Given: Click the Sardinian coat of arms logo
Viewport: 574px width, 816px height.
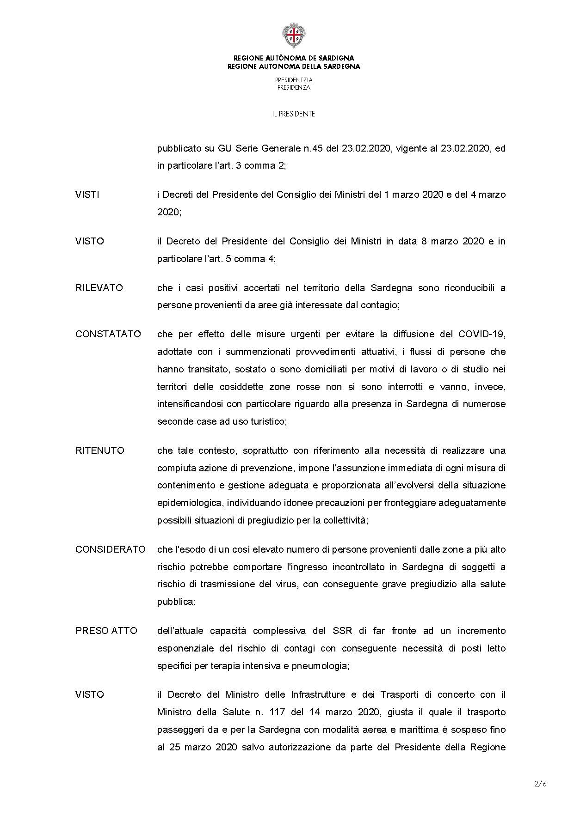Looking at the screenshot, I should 294,35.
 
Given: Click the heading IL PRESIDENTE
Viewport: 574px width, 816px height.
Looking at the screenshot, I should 294,114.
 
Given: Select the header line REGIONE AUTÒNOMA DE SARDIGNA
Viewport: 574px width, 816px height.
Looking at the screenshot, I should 294,58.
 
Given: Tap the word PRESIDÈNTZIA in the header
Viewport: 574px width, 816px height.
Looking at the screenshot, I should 294,80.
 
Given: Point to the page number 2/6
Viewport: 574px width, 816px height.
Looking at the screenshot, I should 540,784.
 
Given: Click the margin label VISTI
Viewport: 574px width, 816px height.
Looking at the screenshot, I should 87,195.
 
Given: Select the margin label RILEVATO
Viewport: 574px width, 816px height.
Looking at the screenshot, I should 99,288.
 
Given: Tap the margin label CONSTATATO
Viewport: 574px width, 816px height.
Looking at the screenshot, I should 108,334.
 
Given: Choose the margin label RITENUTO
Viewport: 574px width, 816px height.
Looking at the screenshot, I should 100,451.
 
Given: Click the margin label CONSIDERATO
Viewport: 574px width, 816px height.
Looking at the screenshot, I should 111,549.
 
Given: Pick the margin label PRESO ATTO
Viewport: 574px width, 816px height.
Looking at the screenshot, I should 106,631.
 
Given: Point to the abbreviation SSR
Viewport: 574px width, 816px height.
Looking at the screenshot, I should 343,631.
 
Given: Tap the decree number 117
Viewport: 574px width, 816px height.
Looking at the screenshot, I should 275,712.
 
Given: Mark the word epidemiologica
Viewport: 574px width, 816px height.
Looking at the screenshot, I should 190,503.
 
